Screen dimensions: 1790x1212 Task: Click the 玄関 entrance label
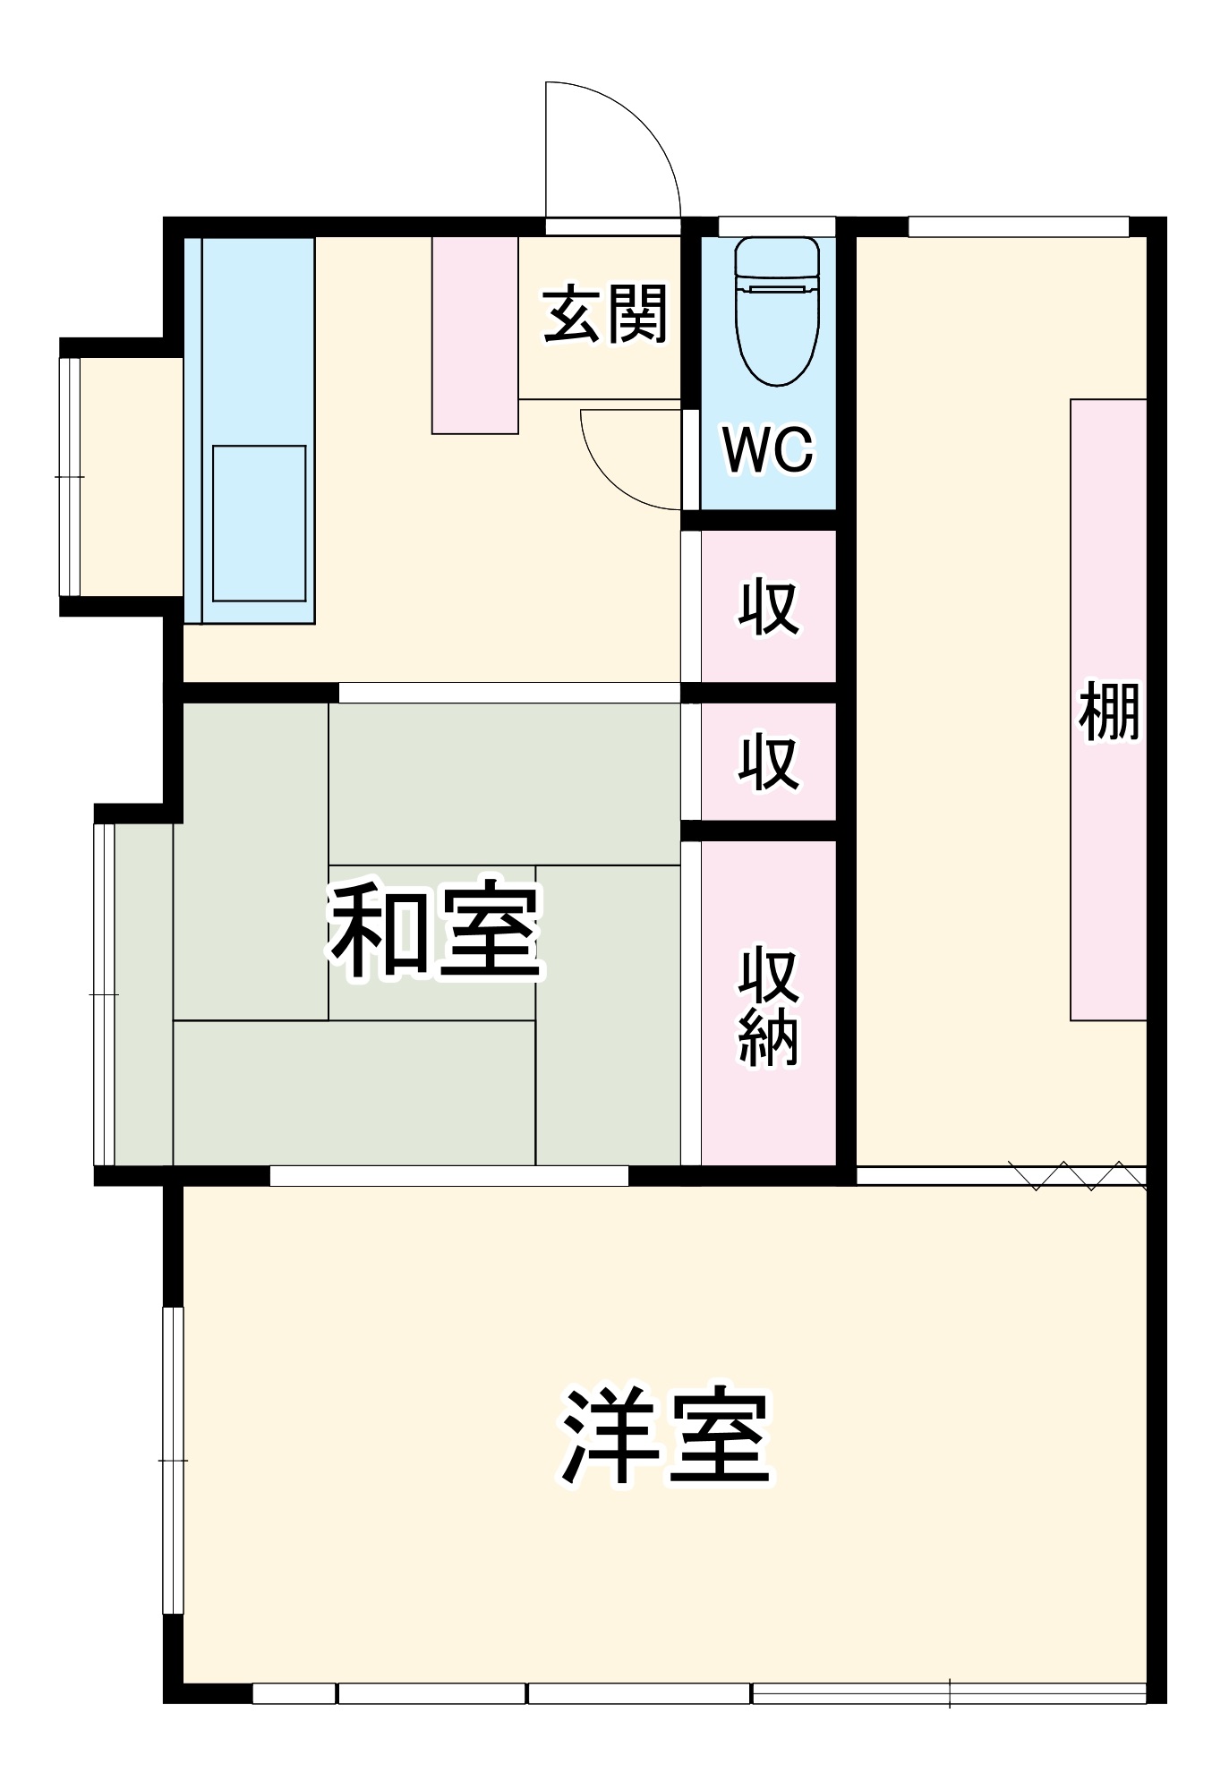(x=605, y=314)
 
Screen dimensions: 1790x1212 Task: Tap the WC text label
(x=768, y=449)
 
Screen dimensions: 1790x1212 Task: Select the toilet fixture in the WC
(x=777, y=309)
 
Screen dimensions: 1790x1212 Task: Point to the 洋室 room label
(x=666, y=1436)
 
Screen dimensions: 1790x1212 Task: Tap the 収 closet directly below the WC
(x=768, y=608)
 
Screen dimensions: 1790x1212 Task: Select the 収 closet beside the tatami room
(x=768, y=762)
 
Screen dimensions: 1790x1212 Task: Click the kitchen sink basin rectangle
(x=259, y=524)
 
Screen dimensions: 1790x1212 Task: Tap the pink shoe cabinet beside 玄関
(x=474, y=335)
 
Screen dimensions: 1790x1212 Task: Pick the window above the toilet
(x=776, y=226)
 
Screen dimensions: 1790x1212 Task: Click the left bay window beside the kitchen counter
(x=70, y=476)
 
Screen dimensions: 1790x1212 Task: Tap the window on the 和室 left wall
(x=104, y=994)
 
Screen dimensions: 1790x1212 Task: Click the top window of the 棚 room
(x=1018, y=226)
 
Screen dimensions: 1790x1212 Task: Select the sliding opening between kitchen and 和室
(x=508, y=693)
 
